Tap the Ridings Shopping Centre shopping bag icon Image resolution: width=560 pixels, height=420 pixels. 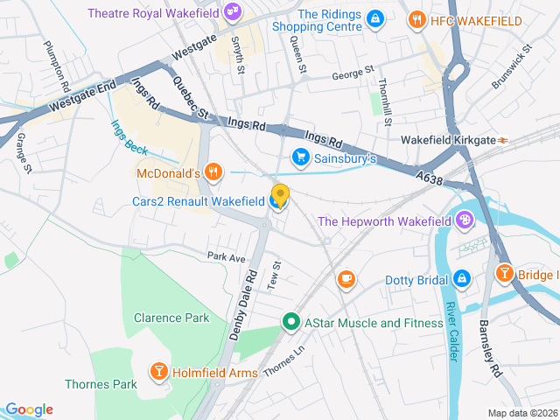point(374,18)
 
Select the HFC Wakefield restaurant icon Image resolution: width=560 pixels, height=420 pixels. point(418,19)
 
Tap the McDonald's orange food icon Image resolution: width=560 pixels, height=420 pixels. point(212,171)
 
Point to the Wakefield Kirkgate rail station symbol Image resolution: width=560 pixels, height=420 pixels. point(503,139)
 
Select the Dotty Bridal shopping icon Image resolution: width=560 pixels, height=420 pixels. point(461,280)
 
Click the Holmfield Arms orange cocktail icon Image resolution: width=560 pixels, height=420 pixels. point(159,372)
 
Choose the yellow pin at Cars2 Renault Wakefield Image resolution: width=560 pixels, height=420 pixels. point(280,195)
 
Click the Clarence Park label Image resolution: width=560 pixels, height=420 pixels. point(171,318)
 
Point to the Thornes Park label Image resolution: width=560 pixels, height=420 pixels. point(101,384)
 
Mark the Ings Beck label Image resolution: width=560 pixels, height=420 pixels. point(129,136)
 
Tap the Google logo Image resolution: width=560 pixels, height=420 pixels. point(29,409)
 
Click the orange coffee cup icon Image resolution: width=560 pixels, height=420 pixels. point(346,279)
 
